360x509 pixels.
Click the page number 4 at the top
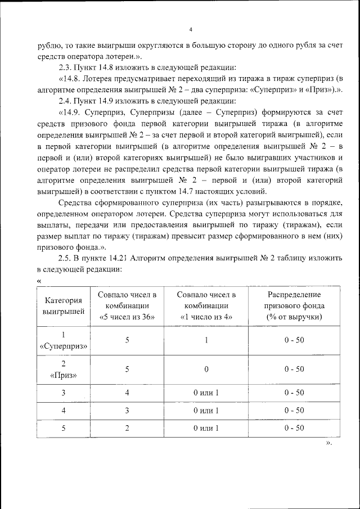click(191, 30)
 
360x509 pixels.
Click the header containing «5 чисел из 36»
click(127, 305)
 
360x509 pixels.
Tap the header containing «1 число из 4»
click(206, 305)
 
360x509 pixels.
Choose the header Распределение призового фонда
click(294, 305)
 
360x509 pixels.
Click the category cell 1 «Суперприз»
click(64, 340)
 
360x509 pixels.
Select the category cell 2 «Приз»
click(64, 369)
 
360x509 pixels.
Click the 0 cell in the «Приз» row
click(206, 369)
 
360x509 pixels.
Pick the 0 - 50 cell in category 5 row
click(294, 428)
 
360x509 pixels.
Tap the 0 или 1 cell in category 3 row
click(206, 393)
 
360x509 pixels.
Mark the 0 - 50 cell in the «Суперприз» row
click(294, 340)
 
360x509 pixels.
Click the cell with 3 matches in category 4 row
click(127, 411)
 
